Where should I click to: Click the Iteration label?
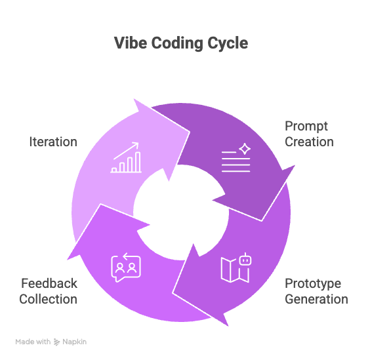[x=53, y=142]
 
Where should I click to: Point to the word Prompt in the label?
[x=306, y=126]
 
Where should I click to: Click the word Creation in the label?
[x=309, y=141]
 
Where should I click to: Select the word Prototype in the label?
[x=312, y=284]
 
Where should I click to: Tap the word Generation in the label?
[x=316, y=299]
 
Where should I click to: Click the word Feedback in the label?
[x=49, y=284]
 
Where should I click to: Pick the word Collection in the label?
[x=48, y=299]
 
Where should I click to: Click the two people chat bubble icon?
[x=126, y=268]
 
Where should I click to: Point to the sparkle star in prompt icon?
[x=245, y=149]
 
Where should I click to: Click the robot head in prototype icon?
[x=245, y=259]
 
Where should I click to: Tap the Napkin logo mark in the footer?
[x=57, y=342]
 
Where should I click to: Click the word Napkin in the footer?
[x=75, y=342]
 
